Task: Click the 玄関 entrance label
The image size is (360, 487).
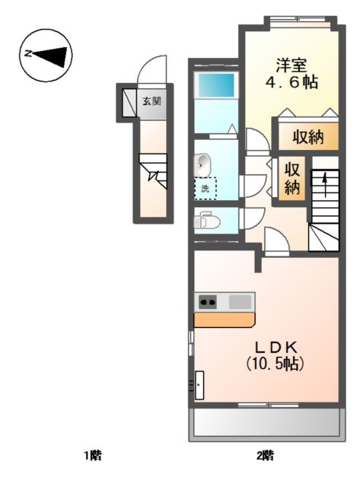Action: pyautogui.click(x=151, y=101)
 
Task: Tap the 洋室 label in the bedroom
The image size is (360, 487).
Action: pyautogui.click(x=292, y=65)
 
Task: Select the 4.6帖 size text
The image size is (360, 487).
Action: pyautogui.click(x=292, y=83)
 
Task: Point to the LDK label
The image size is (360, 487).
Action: pyautogui.click(x=276, y=347)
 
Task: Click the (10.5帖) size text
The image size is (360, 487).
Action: pyautogui.click(x=275, y=363)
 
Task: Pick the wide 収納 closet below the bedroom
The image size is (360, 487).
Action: pyautogui.click(x=308, y=137)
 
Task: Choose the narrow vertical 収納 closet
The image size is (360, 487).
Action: pyautogui.click(x=292, y=178)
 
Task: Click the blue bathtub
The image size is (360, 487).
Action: pyautogui.click(x=216, y=85)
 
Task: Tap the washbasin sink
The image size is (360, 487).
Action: pyautogui.click(x=202, y=164)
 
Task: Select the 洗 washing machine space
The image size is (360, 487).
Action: pyautogui.click(x=205, y=188)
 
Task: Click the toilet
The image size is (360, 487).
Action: pyautogui.click(x=207, y=221)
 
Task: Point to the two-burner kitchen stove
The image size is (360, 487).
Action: pyautogui.click(x=208, y=301)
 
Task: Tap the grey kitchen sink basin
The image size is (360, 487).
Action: pyautogui.click(x=240, y=301)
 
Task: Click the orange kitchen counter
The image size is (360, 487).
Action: pyautogui.click(x=225, y=320)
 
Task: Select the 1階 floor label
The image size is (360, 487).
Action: pyautogui.click(x=93, y=456)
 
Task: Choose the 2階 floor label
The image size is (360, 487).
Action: pyautogui.click(x=265, y=456)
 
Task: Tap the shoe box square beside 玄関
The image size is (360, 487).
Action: pyautogui.click(x=129, y=103)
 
